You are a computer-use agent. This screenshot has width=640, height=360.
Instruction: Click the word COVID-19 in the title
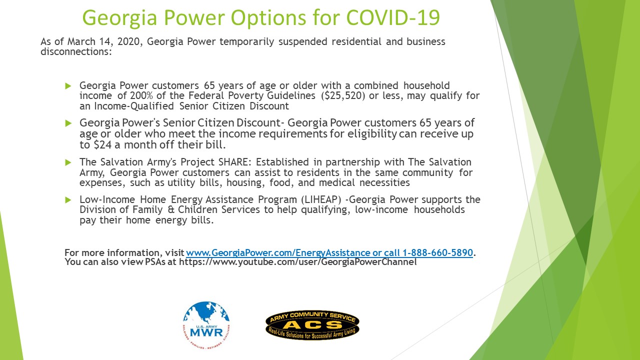pos(393,17)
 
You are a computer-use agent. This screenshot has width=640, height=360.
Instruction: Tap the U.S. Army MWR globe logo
pos(206,325)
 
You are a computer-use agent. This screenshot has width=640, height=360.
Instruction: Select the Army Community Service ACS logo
pos(312,325)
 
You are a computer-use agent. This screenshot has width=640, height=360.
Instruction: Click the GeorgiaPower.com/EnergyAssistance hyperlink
pos(278,252)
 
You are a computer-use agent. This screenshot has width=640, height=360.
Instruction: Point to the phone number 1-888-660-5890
pos(437,252)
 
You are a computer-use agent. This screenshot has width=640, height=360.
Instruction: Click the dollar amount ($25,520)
pos(343,95)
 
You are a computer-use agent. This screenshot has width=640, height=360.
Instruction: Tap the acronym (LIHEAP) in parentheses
pos(321,199)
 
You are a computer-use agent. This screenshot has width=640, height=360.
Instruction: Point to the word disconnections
pos(76,51)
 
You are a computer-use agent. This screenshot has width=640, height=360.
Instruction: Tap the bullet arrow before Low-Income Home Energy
pos(68,199)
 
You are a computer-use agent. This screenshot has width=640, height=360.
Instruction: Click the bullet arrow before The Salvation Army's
pos(68,162)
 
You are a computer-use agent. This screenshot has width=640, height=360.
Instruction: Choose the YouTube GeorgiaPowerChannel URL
pos(297,261)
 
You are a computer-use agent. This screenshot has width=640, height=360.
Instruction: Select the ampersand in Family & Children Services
pos(170,209)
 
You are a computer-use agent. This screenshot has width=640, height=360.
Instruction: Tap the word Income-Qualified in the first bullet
pos(133,106)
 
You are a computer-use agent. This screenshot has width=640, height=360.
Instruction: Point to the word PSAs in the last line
pos(155,261)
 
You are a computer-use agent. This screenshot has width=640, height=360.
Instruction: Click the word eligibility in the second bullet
pos(372,133)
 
